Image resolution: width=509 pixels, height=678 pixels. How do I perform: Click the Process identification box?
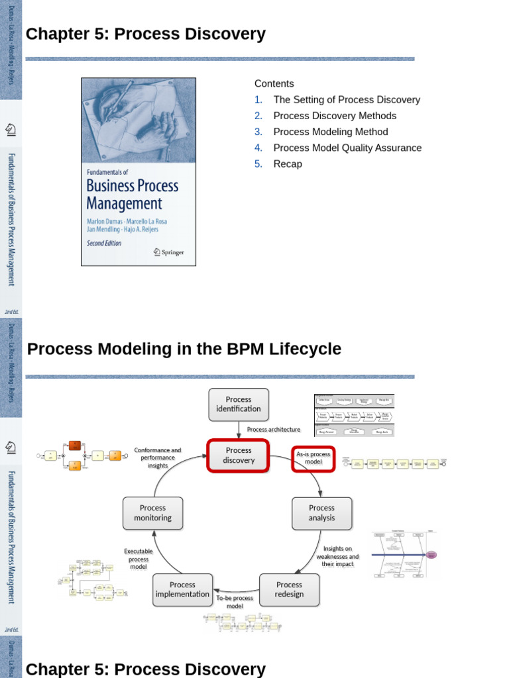(239, 404)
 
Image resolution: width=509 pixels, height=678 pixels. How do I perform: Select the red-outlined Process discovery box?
(239, 456)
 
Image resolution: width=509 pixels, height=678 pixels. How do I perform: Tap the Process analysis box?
(321, 513)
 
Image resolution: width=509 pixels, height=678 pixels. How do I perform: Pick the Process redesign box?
(289, 589)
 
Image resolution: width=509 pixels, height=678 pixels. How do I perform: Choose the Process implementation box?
(182, 589)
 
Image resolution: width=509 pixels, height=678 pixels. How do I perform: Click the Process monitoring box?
(152, 513)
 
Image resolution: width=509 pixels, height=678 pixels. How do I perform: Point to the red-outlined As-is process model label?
(313, 458)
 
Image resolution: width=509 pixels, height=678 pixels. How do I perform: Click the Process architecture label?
(274, 429)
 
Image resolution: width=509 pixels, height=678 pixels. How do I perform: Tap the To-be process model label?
(235, 602)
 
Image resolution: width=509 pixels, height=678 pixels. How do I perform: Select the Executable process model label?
(138, 559)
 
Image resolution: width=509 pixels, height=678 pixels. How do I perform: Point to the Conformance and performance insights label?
(157, 458)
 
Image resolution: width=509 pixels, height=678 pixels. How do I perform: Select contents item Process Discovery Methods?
(335, 116)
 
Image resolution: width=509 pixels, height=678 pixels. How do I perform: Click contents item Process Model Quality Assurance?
(347, 148)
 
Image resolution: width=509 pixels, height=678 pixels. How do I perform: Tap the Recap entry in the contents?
(288, 164)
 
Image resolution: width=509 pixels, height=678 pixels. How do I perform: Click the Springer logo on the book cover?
(169, 252)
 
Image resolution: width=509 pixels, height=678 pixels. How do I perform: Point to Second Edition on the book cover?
(104, 243)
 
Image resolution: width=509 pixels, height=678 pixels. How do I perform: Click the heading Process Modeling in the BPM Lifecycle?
(184, 349)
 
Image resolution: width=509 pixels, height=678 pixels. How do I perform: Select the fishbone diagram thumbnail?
(405, 554)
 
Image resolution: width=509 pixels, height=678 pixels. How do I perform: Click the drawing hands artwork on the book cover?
(139, 120)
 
